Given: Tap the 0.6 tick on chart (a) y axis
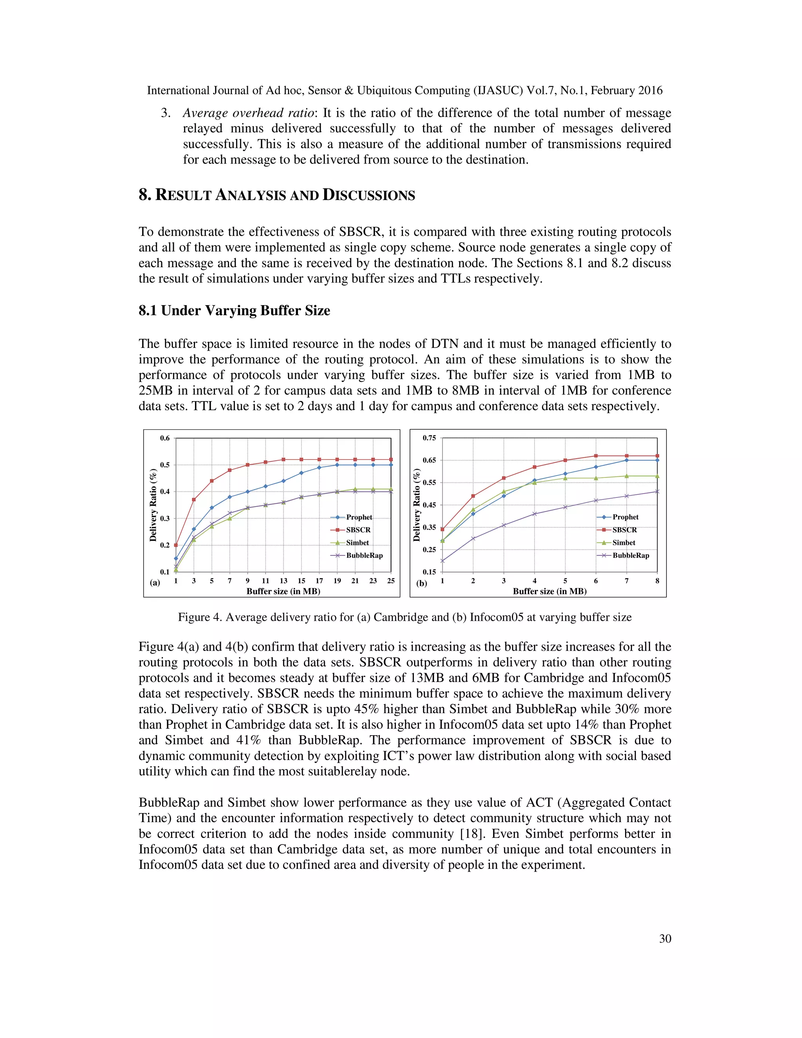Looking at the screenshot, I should (x=164, y=438).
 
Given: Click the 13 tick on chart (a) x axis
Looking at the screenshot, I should (x=283, y=581).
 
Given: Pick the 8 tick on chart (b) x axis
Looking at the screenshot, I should (x=657, y=581).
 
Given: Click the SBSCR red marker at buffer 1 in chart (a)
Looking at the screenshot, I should (x=176, y=545).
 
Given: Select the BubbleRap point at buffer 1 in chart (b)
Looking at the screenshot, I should (x=443, y=561).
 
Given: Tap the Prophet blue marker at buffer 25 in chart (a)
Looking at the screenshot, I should (x=391, y=465).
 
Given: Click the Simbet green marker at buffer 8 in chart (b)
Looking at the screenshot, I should (x=657, y=476).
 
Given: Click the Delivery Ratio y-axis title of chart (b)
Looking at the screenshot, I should (x=417, y=505).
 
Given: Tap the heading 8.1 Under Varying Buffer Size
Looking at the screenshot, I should (x=234, y=311).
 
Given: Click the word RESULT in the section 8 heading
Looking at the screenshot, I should (x=183, y=195).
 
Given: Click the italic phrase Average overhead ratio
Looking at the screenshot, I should (x=248, y=113).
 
